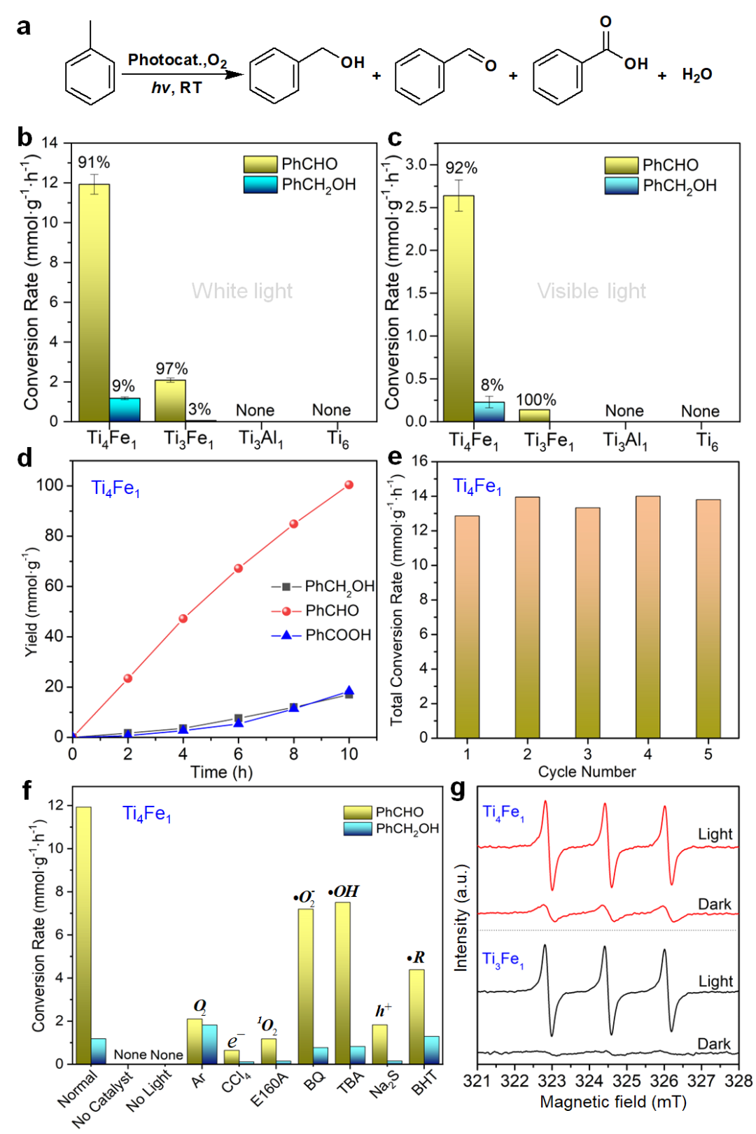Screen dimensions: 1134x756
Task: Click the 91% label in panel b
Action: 94,162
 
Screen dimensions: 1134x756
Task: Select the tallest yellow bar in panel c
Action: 458,308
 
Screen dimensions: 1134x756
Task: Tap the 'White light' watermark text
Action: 242,291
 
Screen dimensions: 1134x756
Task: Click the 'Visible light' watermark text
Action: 591,291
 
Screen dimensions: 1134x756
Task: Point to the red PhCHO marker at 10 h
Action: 349,485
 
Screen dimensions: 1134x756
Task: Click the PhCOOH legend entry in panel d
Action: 337,635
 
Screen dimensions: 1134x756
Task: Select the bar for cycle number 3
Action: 587,623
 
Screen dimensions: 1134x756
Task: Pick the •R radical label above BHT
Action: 416,957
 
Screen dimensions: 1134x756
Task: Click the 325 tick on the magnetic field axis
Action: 626,1081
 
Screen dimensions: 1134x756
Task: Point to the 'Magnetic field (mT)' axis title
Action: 613,1102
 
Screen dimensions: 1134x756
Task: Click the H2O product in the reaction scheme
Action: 696,74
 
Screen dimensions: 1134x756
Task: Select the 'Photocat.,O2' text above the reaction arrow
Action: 177,60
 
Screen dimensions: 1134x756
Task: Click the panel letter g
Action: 458,789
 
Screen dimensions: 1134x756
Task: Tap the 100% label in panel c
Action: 536,399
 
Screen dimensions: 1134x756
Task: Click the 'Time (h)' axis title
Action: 222,772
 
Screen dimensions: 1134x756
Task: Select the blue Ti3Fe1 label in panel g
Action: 503,959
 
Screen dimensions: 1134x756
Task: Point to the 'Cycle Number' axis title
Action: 587,772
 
